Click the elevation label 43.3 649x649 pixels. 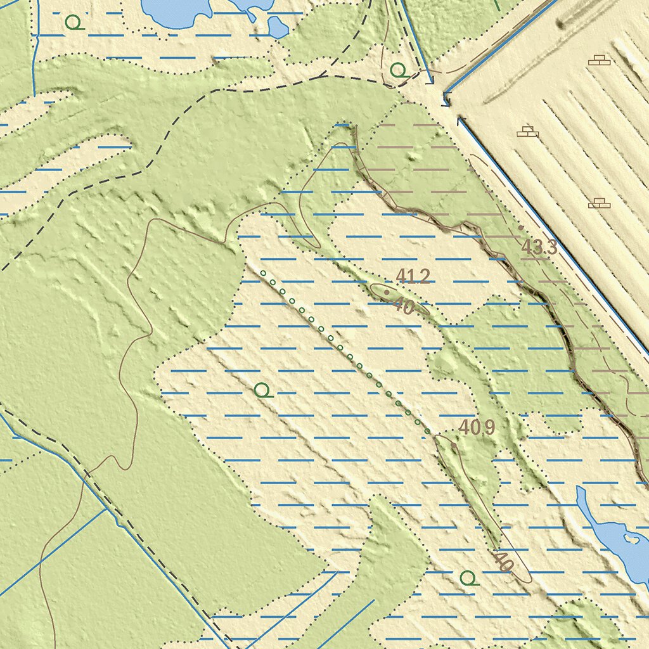point(539,248)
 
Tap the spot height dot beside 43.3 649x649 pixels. point(521,228)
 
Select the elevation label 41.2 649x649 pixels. point(413,276)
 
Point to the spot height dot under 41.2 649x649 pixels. point(386,292)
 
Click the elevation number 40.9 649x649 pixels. point(477,428)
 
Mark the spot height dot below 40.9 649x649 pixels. point(454,445)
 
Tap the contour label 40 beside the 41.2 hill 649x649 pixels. point(404,307)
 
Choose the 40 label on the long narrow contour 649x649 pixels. point(503,561)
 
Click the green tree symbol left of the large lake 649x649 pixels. point(75,23)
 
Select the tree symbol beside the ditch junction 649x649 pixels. point(399,70)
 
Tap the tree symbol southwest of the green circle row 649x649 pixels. point(263,390)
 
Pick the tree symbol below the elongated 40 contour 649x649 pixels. point(468,578)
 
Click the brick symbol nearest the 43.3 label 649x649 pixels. point(598,203)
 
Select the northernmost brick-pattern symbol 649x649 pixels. point(598,60)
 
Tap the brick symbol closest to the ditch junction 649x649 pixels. point(527,132)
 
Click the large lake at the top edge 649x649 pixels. point(175,11)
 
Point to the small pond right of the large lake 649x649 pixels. point(277,27)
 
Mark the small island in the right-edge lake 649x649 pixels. point(629,539)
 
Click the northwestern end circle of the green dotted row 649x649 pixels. point(263,273)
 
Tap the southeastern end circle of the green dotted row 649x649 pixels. point(428,431)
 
